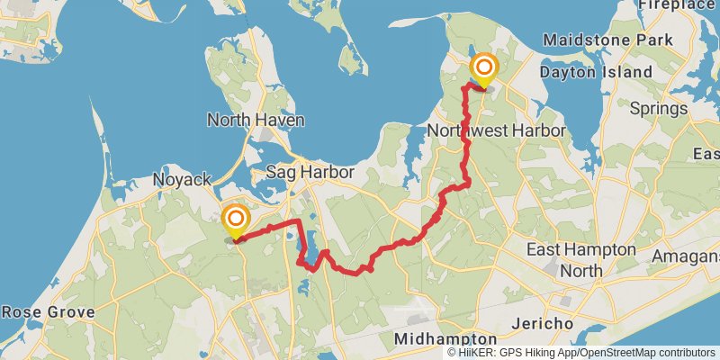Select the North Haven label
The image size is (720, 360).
[256, 120]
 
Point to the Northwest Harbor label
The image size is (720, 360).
[496, 130]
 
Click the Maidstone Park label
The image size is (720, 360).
[608, 40]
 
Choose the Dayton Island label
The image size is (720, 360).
[597, 72]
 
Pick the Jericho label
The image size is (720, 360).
[542, 323]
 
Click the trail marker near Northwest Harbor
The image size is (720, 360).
[484, 68]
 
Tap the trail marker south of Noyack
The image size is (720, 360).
[236, 220]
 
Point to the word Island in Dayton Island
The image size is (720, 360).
[626, 72]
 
